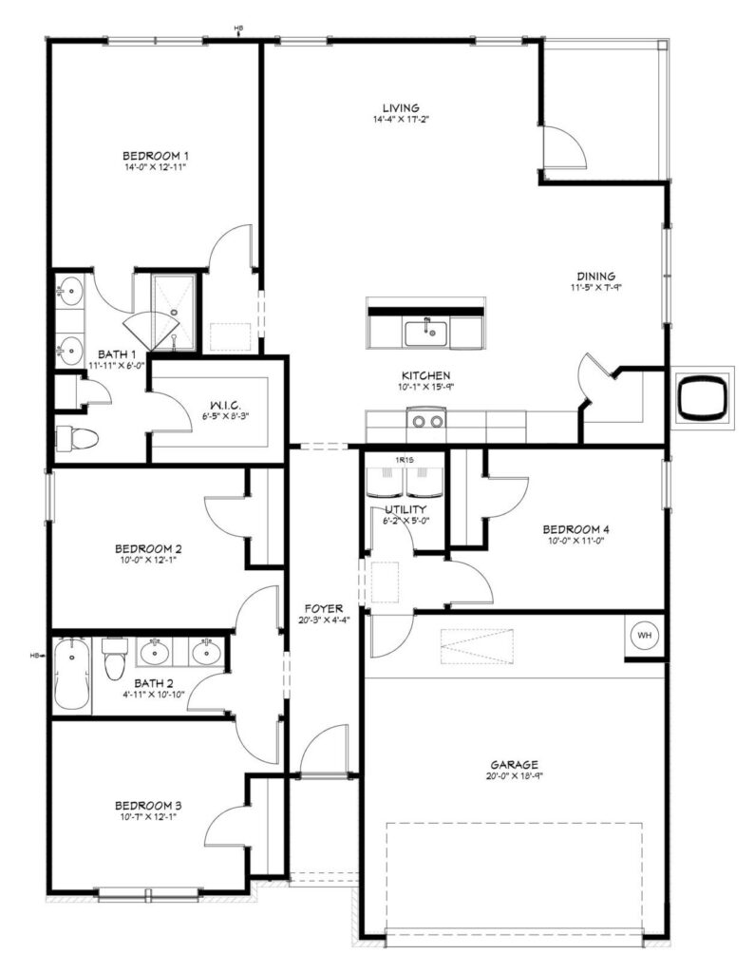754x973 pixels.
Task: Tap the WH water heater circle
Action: pyautogui.click(x=645, y=636)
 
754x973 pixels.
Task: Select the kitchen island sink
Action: pyautogui.click(x=426, y=334)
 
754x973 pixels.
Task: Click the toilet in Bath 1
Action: pyautogui.click(x=77, y=439)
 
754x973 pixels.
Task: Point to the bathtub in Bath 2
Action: pyautogui.click(x=71, y=676)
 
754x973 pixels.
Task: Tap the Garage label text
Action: pyautogui.click(x=514, y=765)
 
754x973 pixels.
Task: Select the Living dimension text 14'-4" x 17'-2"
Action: pyautogui.click(x=401, y=119)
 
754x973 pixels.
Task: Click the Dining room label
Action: pyautogui.click(x=595, y=277)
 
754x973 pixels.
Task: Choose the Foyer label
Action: pyautogui.click(x=323, y=609)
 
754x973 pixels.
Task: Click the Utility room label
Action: pyautogui.click(x=405, y=509)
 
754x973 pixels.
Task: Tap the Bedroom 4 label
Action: pyautogui.click(x=575, y=529)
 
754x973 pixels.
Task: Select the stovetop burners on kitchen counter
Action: pyautogui.click(x=428, y=421)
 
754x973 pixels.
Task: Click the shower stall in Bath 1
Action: pyautogui.click(x=174, y=312)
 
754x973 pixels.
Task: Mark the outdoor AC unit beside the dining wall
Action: pyautogui.click(x=703, y=395)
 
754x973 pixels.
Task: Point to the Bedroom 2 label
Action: pyautogui.click(x=147, y=548)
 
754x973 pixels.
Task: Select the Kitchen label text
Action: pyautogui.click(x=425, y=375)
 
